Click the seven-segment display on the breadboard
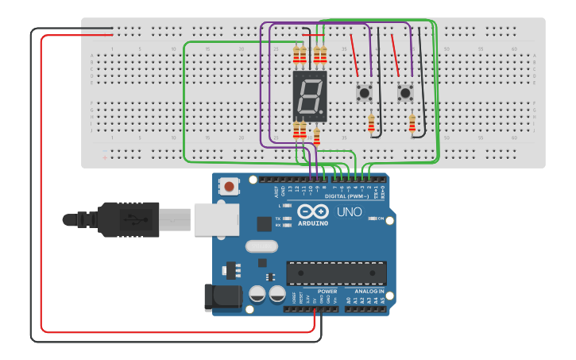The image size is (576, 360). (x=310, y=95)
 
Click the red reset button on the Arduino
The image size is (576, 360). (x=230, y=187)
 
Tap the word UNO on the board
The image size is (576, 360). (x=349, y=212)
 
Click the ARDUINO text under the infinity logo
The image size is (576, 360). (x=313, y=223)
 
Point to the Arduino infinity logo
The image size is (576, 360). (x=313, y=211)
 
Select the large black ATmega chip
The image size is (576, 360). (x=336, y=273)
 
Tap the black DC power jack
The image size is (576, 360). (x=222, y=297)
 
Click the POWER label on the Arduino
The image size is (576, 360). (x=327, y=292)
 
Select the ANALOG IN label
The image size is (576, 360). (x=369, y=292)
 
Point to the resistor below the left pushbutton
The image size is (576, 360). (x=371, y=122)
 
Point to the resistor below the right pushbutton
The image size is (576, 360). (x=412, y=122)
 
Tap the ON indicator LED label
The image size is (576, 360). (x=381, y=219)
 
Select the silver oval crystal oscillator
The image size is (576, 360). (x=261, y=246)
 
